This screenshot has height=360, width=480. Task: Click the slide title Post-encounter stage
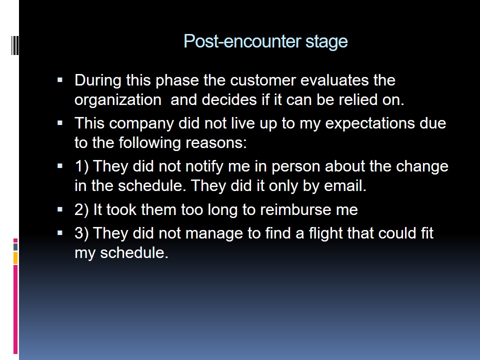(x=265, y=41)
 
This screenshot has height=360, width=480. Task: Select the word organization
(x=118, y=100)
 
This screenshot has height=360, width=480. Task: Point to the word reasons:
(x=216, y=143)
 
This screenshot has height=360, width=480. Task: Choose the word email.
(x=345, y=186)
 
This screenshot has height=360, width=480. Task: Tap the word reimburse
(x=295, y=210)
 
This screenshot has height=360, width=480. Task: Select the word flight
(x=325, y=233)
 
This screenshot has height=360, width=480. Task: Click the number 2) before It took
(x=81, y=210)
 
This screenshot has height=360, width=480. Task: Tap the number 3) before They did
(x=81, y=233)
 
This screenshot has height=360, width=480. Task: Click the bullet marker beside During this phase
(x=60, y=80)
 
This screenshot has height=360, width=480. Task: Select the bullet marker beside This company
(x=60, y=123)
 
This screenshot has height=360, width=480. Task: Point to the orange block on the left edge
(x=15, y=258)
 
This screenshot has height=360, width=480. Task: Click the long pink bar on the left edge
(x=15, y=309)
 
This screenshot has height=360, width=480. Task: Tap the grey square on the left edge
(x=15, y=247)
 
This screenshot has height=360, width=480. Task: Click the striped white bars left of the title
(x=15, y=45)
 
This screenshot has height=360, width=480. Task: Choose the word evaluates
(x=334, y=80)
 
